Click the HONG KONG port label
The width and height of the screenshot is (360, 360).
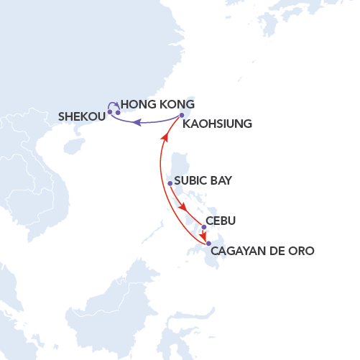coord(157,104)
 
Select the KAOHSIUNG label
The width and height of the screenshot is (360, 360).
coord(218,124)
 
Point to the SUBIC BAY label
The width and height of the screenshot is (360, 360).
coord(203,181)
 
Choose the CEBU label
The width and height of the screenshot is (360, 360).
coord(221,221)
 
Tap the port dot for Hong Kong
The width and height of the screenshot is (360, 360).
coord(118,113)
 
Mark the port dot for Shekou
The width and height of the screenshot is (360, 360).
coord(109,112)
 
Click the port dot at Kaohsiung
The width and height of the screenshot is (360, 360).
coord(182,115)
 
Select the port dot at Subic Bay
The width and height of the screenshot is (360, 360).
coord(170,183)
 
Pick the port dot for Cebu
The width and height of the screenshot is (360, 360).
coord(204,227)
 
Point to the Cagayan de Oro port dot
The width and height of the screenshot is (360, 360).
coord(208,244)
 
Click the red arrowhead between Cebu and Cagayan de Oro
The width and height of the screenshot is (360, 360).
coord(203,238)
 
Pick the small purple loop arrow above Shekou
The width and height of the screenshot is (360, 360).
coord(112,106)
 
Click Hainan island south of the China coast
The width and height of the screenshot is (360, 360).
coord(72,147)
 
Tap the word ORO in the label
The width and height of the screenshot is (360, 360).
coord(301,251)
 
